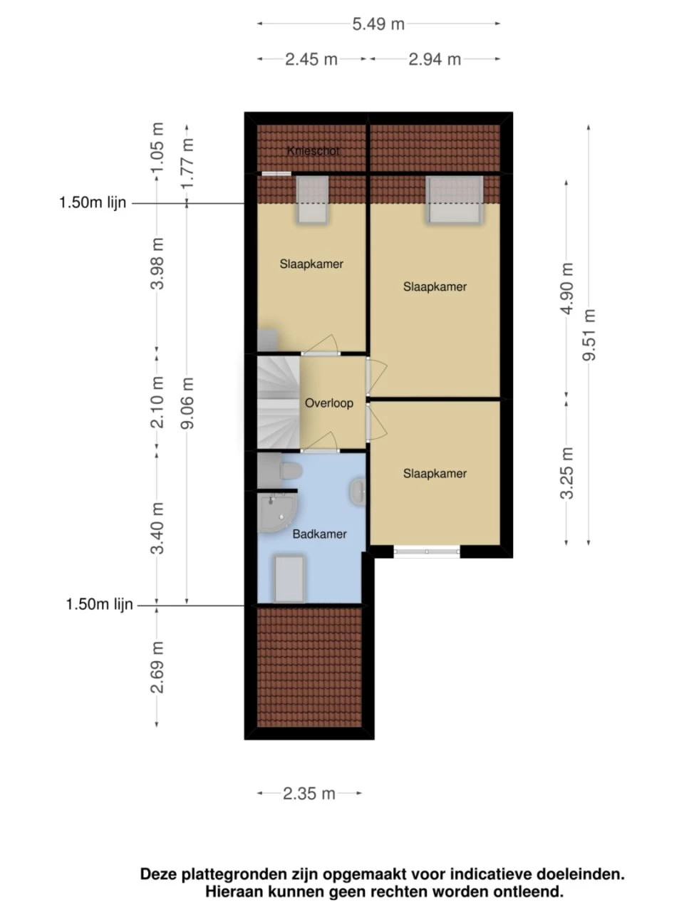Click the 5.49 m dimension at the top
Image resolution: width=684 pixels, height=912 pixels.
(x=378, y=24)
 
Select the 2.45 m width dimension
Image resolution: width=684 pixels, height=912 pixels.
(x=311, y=59)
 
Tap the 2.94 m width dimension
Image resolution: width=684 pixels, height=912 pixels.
(x=435, y=59)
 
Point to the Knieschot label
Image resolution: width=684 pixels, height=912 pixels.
(x=313, y=151)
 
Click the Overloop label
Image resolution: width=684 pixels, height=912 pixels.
(x=329, y=403)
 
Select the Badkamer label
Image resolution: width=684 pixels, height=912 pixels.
(x=320, y=534)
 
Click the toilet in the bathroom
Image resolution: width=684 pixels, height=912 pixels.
(x=289, y=470)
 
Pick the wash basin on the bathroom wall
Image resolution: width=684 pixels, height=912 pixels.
(x=358, y=492)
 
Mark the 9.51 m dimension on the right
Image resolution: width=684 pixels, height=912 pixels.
(x=589, y=335)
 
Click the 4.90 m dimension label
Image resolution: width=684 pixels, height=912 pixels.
(x=566, y=289)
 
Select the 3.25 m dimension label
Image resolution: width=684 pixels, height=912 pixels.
(x=566, y=473)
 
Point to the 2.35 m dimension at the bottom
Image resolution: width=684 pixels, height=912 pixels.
(x=309, y=793)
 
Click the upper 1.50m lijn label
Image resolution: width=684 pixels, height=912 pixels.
(x=93, y=203)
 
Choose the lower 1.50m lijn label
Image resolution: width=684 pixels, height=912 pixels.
(x=100, y=605)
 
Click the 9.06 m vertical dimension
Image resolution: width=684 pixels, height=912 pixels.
(x=187, y=403)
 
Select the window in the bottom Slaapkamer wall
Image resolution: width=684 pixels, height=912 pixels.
(x=426, y=551)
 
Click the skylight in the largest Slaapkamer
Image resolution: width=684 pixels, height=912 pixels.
(x=455, y=199)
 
